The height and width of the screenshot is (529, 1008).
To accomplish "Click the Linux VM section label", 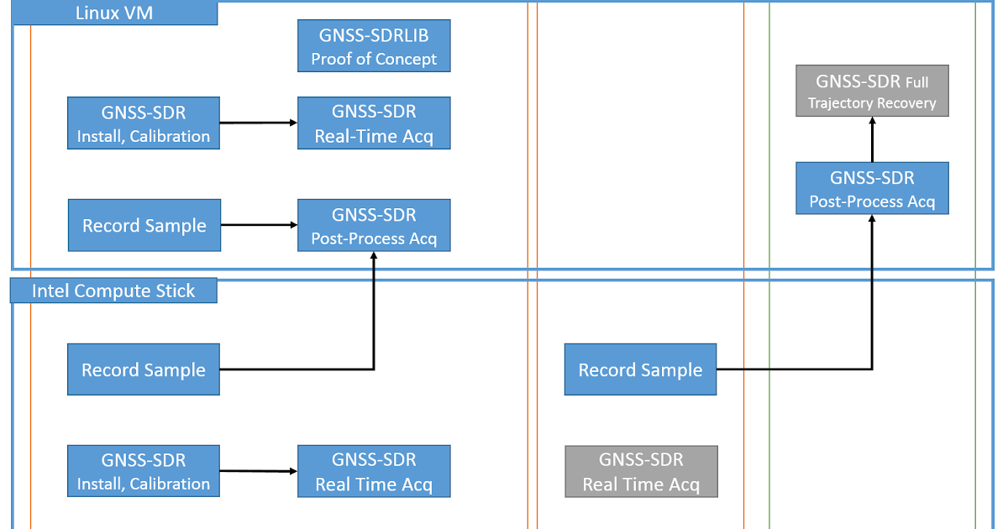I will point(114,13).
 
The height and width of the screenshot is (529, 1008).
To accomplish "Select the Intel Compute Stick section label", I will point(113,291).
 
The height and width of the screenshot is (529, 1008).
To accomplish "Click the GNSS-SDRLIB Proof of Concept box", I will point(374,46).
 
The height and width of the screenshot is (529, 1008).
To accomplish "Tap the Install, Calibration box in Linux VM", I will point(144,123).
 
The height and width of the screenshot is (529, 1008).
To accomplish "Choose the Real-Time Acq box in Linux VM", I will point(374,123).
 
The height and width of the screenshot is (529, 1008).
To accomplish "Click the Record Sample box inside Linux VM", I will point(144,225).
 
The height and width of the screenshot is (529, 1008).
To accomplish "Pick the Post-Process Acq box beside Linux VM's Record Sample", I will point(374,225).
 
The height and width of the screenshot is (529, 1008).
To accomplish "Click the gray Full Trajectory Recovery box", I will point(872,91).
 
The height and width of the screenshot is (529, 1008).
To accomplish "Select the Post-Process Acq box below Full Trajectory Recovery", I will point(872,189).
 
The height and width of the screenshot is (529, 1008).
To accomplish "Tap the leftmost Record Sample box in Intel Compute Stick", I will point(144,369).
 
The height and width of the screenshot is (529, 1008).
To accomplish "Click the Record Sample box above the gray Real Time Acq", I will point(640,369).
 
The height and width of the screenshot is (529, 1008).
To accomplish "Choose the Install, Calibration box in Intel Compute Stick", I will point(144,471).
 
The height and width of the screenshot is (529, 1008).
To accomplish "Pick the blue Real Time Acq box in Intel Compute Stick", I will point(374,471).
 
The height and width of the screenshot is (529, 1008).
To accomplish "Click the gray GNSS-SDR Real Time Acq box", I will point(641,471).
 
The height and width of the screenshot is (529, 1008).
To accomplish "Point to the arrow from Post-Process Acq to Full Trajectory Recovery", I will point(872,139).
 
